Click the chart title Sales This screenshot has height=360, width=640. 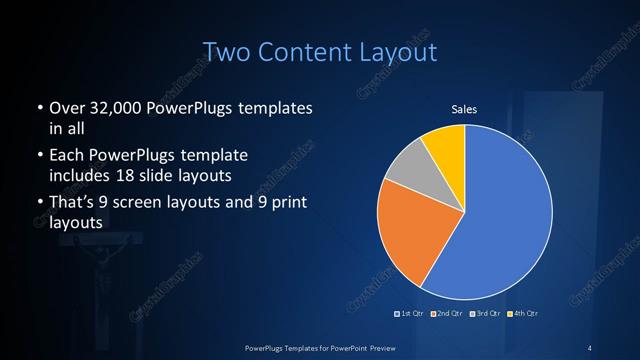(x=465, y=109)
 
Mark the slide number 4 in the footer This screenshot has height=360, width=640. (x=590, y=347)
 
